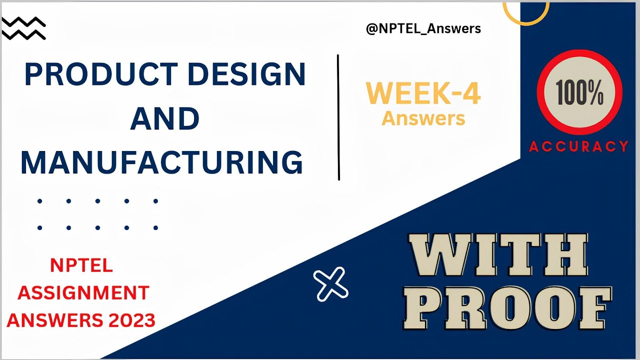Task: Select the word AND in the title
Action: pyautogui.click(x=165, y=118)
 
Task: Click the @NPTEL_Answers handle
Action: pyautogui.click(x=423, y=28)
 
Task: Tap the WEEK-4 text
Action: pyautogui.click(x=423, y=93)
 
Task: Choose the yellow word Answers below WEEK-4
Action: pyautogui.click(x=423, y=118)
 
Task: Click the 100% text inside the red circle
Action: pyautogui.click(x=579, y=92)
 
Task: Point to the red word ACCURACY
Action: pyautogui.click(x=578, y=146)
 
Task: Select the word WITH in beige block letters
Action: pyautogui.click(x=497, y=255)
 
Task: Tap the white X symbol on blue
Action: pyautogui.click(x=331, y=284)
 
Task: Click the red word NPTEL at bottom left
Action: pyautogui.click(x=81, y=265)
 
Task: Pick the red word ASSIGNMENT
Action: pyautogui.click(x=83, y=293)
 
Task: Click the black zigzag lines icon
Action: pyautogui.click(x=23, y=28)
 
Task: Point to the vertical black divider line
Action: pyautogui.click(x=338, y=117)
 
